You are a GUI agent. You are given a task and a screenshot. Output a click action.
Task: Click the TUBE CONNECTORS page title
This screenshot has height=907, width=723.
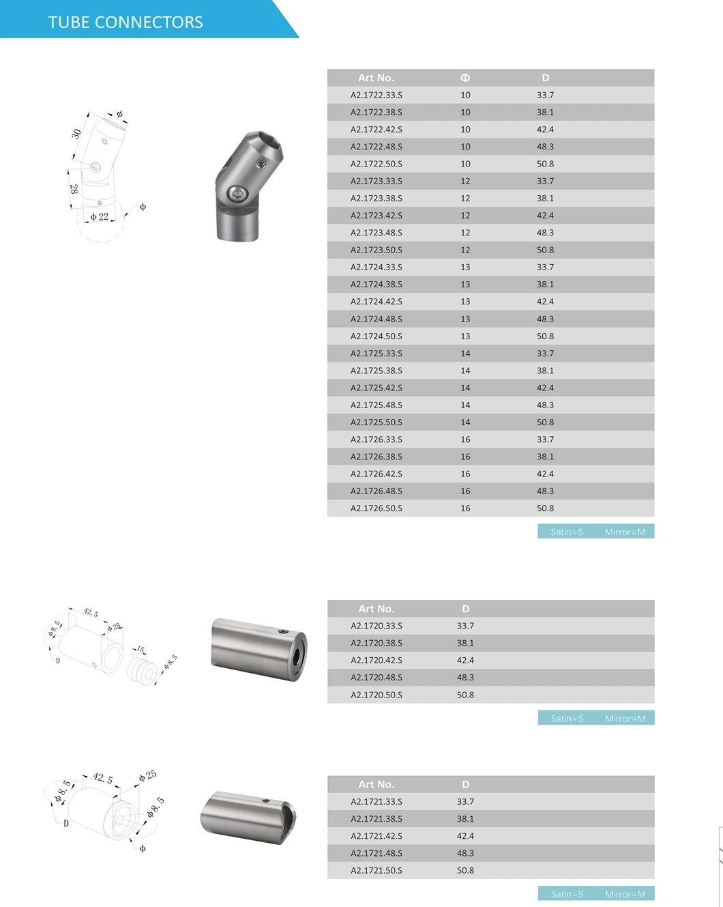(126, 22)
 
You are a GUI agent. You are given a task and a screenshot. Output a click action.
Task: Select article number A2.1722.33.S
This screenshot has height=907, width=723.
(376, 95)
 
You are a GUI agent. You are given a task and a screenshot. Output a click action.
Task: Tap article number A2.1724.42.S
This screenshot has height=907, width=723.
(376, 302)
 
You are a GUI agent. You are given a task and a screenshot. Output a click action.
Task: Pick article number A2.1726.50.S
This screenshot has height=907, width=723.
(376, 508)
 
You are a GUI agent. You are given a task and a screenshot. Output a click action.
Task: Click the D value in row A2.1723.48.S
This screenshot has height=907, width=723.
(545, 233)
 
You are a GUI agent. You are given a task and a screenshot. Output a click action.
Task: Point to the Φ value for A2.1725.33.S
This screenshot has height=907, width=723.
(465, 354)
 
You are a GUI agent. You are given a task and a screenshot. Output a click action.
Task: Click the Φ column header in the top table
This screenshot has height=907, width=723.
(465, 78)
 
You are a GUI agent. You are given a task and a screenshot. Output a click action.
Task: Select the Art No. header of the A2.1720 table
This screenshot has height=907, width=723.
(376, 609)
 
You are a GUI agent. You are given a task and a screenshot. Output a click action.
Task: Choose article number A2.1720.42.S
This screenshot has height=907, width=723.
(376, 661)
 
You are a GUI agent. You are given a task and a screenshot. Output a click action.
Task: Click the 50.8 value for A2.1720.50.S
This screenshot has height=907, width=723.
(465, 695)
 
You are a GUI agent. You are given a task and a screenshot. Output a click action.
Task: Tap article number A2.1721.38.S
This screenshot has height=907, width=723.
(376, 819)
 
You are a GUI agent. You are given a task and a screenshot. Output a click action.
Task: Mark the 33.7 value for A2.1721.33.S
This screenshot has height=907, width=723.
(465, 802)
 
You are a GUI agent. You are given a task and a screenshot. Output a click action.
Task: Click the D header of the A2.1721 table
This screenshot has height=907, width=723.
(465, 785)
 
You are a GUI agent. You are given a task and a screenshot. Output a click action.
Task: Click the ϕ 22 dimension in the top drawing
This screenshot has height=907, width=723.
(100, 217)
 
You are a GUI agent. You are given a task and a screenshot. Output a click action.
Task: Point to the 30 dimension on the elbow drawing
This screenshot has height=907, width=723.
(76, 134)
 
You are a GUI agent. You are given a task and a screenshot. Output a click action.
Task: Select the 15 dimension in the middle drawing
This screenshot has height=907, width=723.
(141, 650)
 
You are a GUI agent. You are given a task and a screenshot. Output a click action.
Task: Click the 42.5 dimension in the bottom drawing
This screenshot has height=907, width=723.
(102, 779)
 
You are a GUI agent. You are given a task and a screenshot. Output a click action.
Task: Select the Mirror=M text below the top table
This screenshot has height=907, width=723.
(625, 532)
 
